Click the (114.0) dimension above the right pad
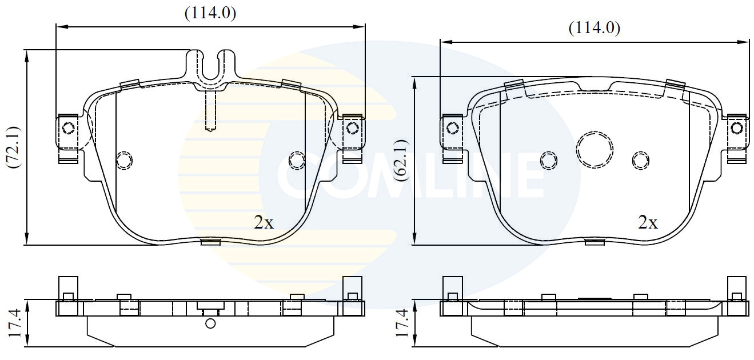[x=594, y=28]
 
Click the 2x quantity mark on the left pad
[x=264, y=223]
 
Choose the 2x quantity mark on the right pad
[x=648, y=223]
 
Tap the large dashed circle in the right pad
[x=595, y=150]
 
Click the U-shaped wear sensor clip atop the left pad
[x=211, y=67]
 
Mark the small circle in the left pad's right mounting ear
[x=352, y=126]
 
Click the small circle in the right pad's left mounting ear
[x=453, y=127]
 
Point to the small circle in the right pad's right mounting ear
[x=736, y=127]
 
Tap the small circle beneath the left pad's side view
[x=210, y=324]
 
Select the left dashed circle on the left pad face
[x=124, y=161]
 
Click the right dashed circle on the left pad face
[x=297, y=161]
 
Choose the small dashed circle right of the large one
[x=640, y=160]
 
